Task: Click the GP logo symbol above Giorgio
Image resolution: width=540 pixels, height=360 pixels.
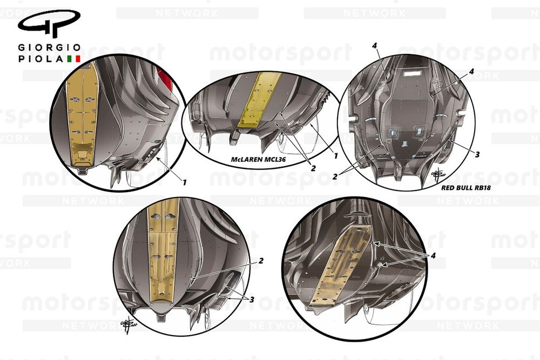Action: click(x=49, y=24)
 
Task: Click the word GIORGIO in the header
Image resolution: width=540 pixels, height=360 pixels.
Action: click(x=50, y=47)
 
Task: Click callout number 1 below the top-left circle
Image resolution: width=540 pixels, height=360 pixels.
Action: click(x=184, y=183)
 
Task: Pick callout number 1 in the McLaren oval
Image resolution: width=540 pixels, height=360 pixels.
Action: click(x=335, y=156)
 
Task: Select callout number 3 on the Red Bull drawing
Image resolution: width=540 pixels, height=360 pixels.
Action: click(x=477, y=154)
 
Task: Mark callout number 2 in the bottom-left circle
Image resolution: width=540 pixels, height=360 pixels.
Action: click(x=261, y=261)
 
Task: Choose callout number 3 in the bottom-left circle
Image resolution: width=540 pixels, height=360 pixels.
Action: click(x=252, y=299)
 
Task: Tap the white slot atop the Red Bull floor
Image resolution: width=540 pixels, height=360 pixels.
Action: click(x=416, y=72)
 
